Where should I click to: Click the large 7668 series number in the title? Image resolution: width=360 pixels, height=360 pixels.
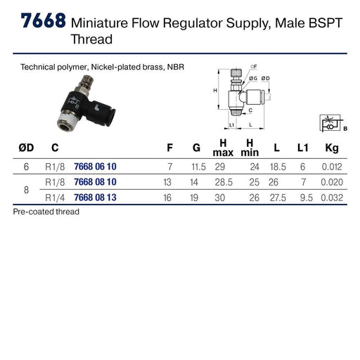click(44, 20)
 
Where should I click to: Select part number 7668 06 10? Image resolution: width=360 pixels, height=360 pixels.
click(95, 167)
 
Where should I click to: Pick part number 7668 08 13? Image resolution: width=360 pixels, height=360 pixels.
click(95, 198)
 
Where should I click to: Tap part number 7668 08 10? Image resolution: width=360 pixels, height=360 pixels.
click(95, 182)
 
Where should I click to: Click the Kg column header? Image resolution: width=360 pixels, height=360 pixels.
click(332, 148)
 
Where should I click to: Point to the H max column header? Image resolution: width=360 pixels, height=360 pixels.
click(223, 148)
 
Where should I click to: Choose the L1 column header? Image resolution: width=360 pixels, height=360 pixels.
click(302, 148)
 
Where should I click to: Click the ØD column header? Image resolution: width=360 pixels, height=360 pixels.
click(26, 148)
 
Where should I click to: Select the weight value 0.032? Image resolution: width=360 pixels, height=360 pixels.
click(332, 198)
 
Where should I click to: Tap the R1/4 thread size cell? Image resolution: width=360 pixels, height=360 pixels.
click(55, 198)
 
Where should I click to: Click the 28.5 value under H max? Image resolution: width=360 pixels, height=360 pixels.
click(224, 182)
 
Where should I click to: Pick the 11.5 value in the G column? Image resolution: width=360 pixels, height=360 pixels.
click(199, 167)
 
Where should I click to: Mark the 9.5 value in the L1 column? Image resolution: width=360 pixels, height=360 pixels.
click(307, 198)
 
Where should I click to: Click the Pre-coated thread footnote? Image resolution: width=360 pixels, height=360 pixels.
click(46, 212)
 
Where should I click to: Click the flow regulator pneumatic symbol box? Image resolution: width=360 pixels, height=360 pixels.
click(330, 123)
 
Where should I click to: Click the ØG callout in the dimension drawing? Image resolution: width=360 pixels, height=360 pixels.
click(253, 78)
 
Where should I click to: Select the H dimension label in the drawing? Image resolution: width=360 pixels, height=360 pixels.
click(215, 91)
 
